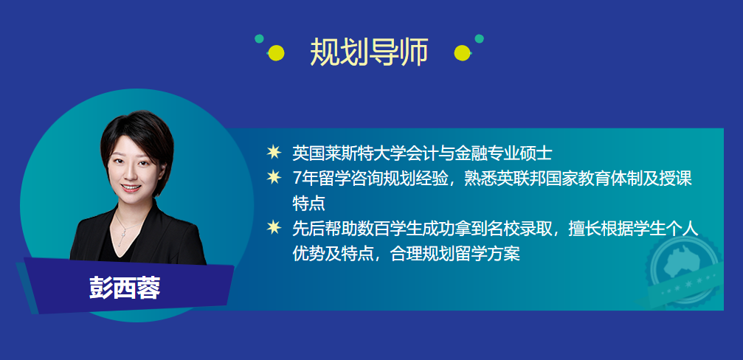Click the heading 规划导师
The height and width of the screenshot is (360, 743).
pyautogui.click(x=369, y=52)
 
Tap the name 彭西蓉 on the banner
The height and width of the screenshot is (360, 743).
pyautogui.click(x=125, y=288)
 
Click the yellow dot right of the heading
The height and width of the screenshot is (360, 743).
pyautogui.click(x=462, y=52)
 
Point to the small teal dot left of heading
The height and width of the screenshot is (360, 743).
pyautogui.click(x=259, y=38)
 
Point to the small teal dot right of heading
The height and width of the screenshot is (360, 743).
pyautogui.click(x=479, y=38)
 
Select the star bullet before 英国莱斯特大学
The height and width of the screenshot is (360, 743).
pyautogui.click(x=274, y=153)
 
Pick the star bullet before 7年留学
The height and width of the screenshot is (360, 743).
pyautogui.click(x=274, y=178)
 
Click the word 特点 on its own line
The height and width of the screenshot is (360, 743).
pyautogui.click(x=308, y=203)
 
